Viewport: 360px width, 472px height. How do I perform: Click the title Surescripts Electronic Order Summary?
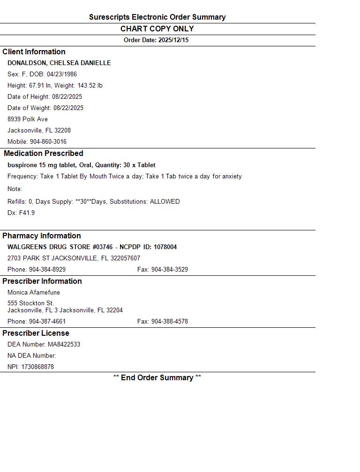tap(157, 17)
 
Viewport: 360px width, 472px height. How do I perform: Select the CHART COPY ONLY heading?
tap(157, 29)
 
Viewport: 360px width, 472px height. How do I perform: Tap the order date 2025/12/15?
tap(173, 40)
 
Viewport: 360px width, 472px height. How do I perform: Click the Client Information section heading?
tap(34, 52)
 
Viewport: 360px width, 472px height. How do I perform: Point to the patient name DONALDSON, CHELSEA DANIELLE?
tap(59, 63)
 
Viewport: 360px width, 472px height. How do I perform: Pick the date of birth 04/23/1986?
tap(62, 74)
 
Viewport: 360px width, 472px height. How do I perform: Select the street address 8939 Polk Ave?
tap(28, 119)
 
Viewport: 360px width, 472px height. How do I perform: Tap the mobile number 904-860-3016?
tap(48, 142)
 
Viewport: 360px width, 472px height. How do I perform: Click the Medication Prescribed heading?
tap(44, 154)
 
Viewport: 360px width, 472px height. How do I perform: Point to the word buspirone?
tap(22, 165)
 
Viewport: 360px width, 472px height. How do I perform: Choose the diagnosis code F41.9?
tap(27, 213)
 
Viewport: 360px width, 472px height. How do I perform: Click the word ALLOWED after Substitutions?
tap(165, 202)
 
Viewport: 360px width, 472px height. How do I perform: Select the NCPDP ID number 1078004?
tap(165, 247)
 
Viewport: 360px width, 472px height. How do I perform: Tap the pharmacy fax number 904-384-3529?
tap(169, 270)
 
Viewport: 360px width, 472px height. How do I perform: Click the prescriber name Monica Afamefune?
tap(34, 293)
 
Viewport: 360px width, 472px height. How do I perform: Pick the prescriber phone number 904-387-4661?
tap(47, 322)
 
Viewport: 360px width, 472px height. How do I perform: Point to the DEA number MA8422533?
tap(64, 345)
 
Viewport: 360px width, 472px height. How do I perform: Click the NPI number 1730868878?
tap(37, 367)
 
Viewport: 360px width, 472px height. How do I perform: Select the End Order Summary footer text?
tap(157, 378)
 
